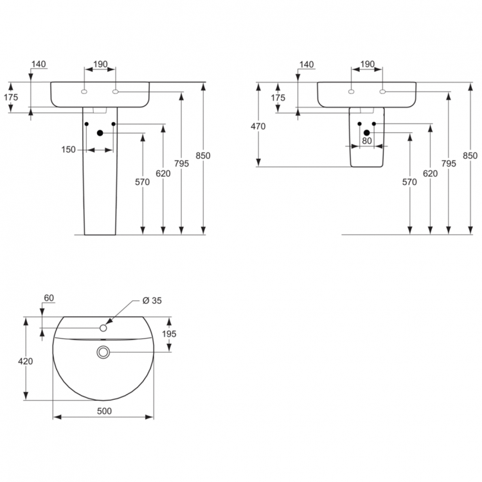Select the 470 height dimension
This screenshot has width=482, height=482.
258,127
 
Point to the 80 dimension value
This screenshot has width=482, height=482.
367,140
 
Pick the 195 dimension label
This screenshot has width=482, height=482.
168,334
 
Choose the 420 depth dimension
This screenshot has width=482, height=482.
26,361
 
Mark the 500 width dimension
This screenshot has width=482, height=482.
103,411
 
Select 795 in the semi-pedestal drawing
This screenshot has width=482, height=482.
449,164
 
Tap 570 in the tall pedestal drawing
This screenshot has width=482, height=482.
142,182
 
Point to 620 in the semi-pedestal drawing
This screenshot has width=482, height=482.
430,174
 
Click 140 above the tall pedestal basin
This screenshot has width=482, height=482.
39,64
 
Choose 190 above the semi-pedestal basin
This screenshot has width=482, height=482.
367,64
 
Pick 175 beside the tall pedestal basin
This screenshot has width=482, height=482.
12,97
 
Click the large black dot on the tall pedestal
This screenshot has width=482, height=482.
100,133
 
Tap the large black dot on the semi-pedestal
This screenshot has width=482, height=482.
367,132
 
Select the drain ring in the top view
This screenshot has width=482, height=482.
103,352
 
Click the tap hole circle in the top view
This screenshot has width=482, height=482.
103,328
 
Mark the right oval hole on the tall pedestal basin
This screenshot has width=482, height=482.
116,92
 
